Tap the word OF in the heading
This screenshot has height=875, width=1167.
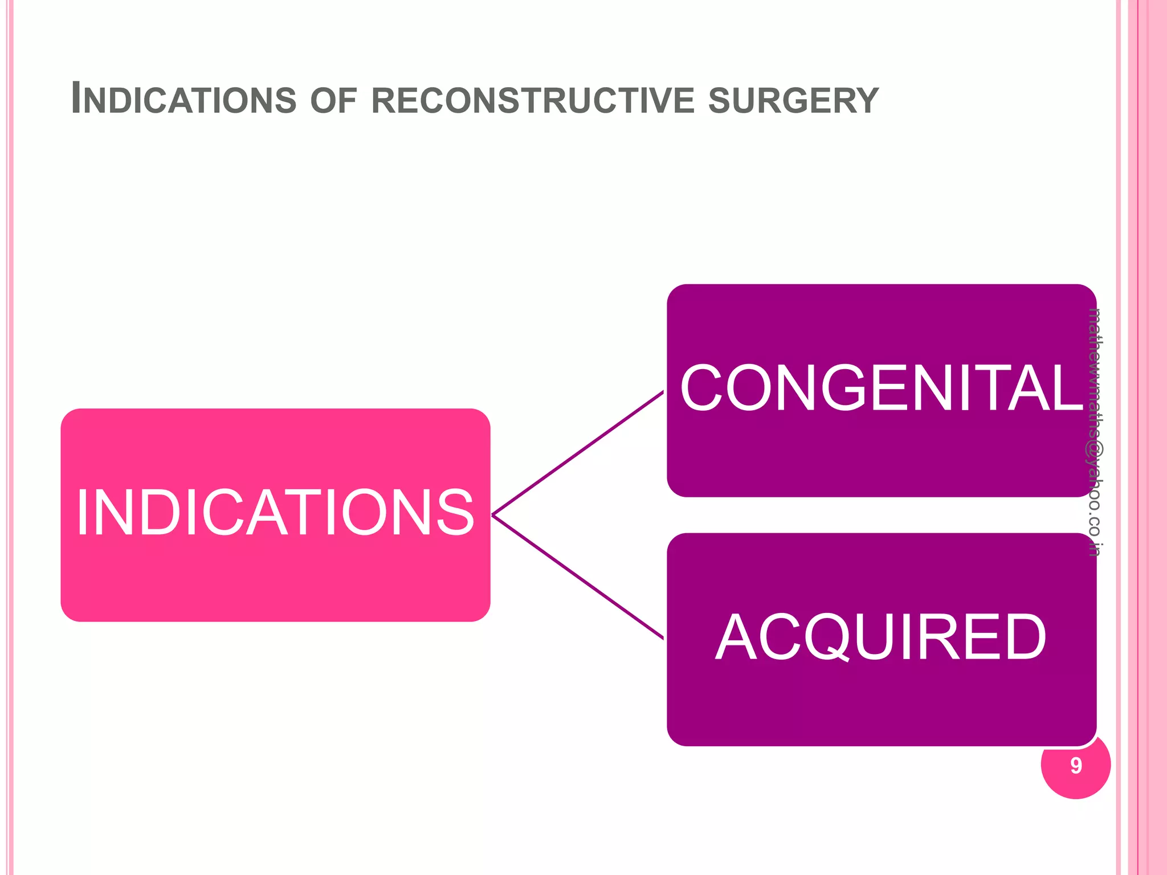[x=333, y=100]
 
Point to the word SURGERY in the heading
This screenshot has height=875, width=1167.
[x=793, y=100]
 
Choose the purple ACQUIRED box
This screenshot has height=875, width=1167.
[x=881, y=701]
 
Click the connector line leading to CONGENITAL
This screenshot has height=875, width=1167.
[x=578, y=453]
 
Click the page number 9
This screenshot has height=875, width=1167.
[x=1076, y=766]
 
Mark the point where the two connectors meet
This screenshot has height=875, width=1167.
[x=493, y=515]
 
